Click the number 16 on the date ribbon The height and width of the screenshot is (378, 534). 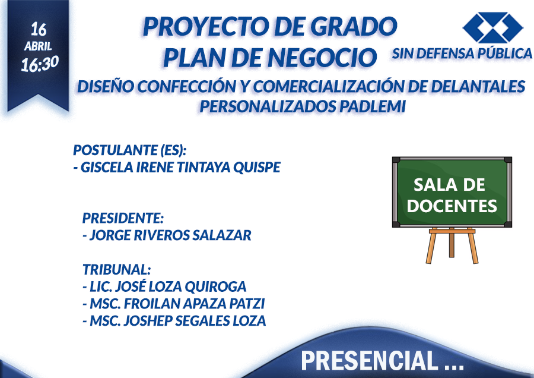tap(39, 29)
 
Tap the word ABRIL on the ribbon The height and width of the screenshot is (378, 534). tap(38, 46)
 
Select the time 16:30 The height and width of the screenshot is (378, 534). tap(40, 64)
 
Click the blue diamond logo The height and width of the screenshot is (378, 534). tap(492, 27)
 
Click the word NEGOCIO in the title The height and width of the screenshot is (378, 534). tap(322, 58)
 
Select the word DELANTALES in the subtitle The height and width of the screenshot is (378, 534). tap(478, 86)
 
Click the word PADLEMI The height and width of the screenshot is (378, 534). tap(373, 106)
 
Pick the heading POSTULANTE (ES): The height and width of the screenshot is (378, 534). tap(130, 150)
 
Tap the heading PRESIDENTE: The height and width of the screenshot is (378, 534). tap(123, 218)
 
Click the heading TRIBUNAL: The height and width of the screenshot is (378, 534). tap(117, 269)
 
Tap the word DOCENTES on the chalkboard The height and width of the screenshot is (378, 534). tap(452, 206)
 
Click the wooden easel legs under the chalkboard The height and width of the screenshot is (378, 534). tap(452, 245)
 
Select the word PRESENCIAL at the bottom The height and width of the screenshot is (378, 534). tap(370, 361)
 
